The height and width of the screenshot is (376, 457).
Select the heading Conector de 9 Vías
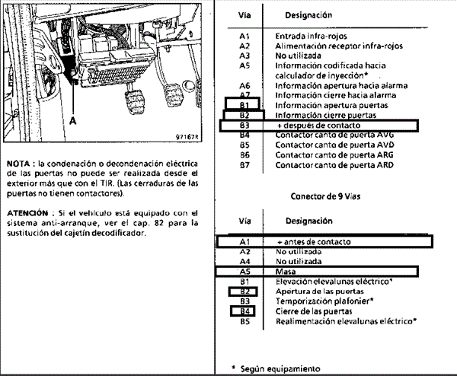click(325, 196)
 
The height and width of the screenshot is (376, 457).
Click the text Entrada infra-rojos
click(310, 36)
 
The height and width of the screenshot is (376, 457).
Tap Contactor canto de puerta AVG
click(334, 134)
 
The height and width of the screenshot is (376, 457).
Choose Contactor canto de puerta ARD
click(334, 164)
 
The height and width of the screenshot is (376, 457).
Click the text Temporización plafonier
click(324, 301)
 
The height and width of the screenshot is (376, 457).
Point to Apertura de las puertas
click(319, 291)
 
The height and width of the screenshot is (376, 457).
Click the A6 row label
click(244, 85)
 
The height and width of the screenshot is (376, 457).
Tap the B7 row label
click(244, 164)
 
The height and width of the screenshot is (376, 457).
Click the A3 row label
click(244, 56)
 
